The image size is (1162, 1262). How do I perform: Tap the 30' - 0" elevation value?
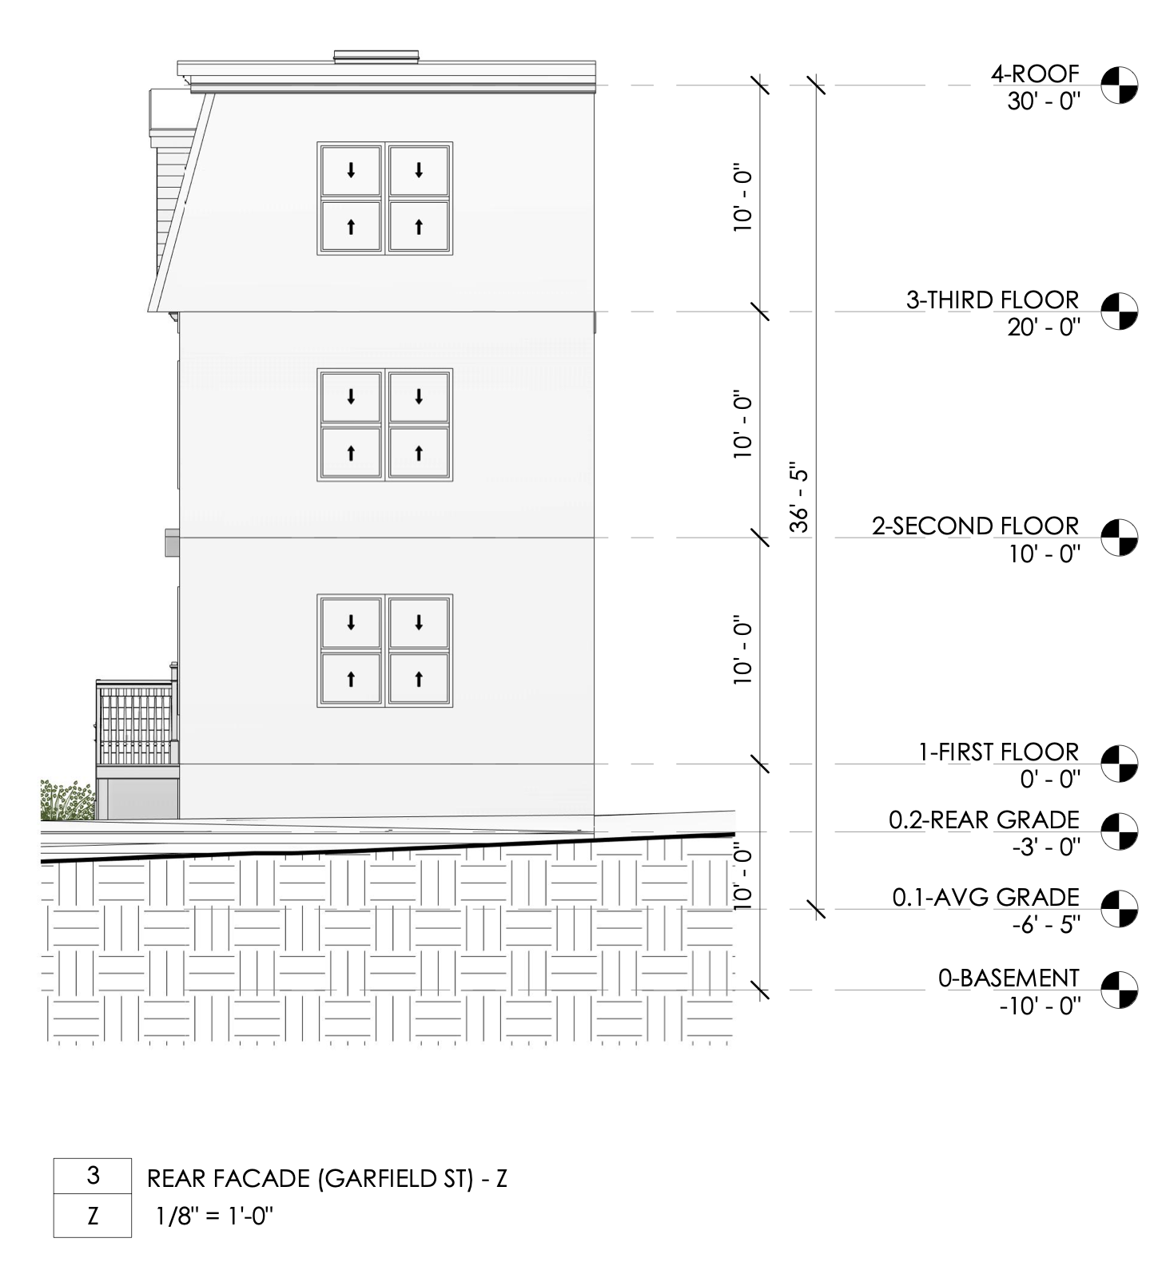1043,101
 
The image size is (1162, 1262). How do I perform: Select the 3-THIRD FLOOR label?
992,300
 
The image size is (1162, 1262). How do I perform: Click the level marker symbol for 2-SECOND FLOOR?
1119,538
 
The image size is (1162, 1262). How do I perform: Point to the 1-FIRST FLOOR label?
998,752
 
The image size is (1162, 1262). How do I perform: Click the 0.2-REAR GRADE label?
984,820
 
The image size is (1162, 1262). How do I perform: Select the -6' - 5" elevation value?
1046,925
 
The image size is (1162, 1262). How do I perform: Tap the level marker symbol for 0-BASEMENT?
1119,990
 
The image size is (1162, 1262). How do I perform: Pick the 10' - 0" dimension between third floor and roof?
743,200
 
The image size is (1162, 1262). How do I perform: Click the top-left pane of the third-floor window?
351,170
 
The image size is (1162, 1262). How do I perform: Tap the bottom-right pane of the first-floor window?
419,678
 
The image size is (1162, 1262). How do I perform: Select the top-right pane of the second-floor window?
419,396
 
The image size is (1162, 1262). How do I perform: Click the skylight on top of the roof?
376,56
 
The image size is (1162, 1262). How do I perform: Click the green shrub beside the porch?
67,801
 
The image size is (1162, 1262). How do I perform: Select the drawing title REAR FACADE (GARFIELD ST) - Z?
327,1179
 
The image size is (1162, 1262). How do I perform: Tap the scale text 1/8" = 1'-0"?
214,1217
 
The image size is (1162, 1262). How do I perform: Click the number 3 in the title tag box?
93,1176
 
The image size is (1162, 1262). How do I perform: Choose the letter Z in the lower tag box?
93,1216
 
